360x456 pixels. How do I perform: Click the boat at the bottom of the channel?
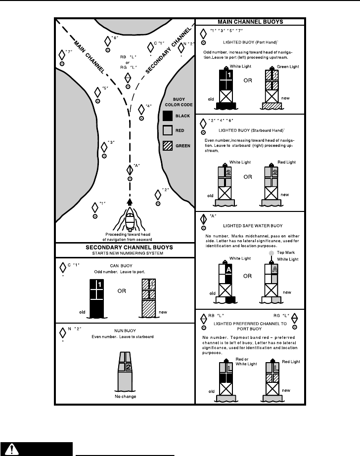pos(130,219)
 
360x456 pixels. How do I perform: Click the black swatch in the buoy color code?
pos(168,116)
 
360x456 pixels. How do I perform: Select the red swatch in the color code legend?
pos(168,131)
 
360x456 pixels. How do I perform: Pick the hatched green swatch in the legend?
pos(168,146)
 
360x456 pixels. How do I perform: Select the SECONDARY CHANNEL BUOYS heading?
pos(125,248)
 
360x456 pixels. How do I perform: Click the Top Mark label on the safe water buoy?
pos(283,252)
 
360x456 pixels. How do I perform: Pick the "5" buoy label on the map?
pos(104,88)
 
